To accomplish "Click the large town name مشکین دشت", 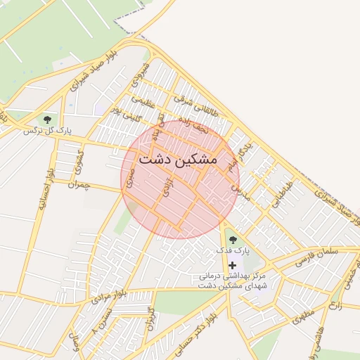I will pyautogui.click(x=179, y=160).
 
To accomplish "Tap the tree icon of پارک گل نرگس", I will pyautogui.click(x=47, y=120).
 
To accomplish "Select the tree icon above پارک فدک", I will pyautogui.click(x=233, y=240).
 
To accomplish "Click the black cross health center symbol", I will pyautogui.click(x=233, y=265).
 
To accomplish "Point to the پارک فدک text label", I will pyautogui.click(x=233, y=251).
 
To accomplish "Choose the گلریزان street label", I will pyautogui.click(x=149, y=321).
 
